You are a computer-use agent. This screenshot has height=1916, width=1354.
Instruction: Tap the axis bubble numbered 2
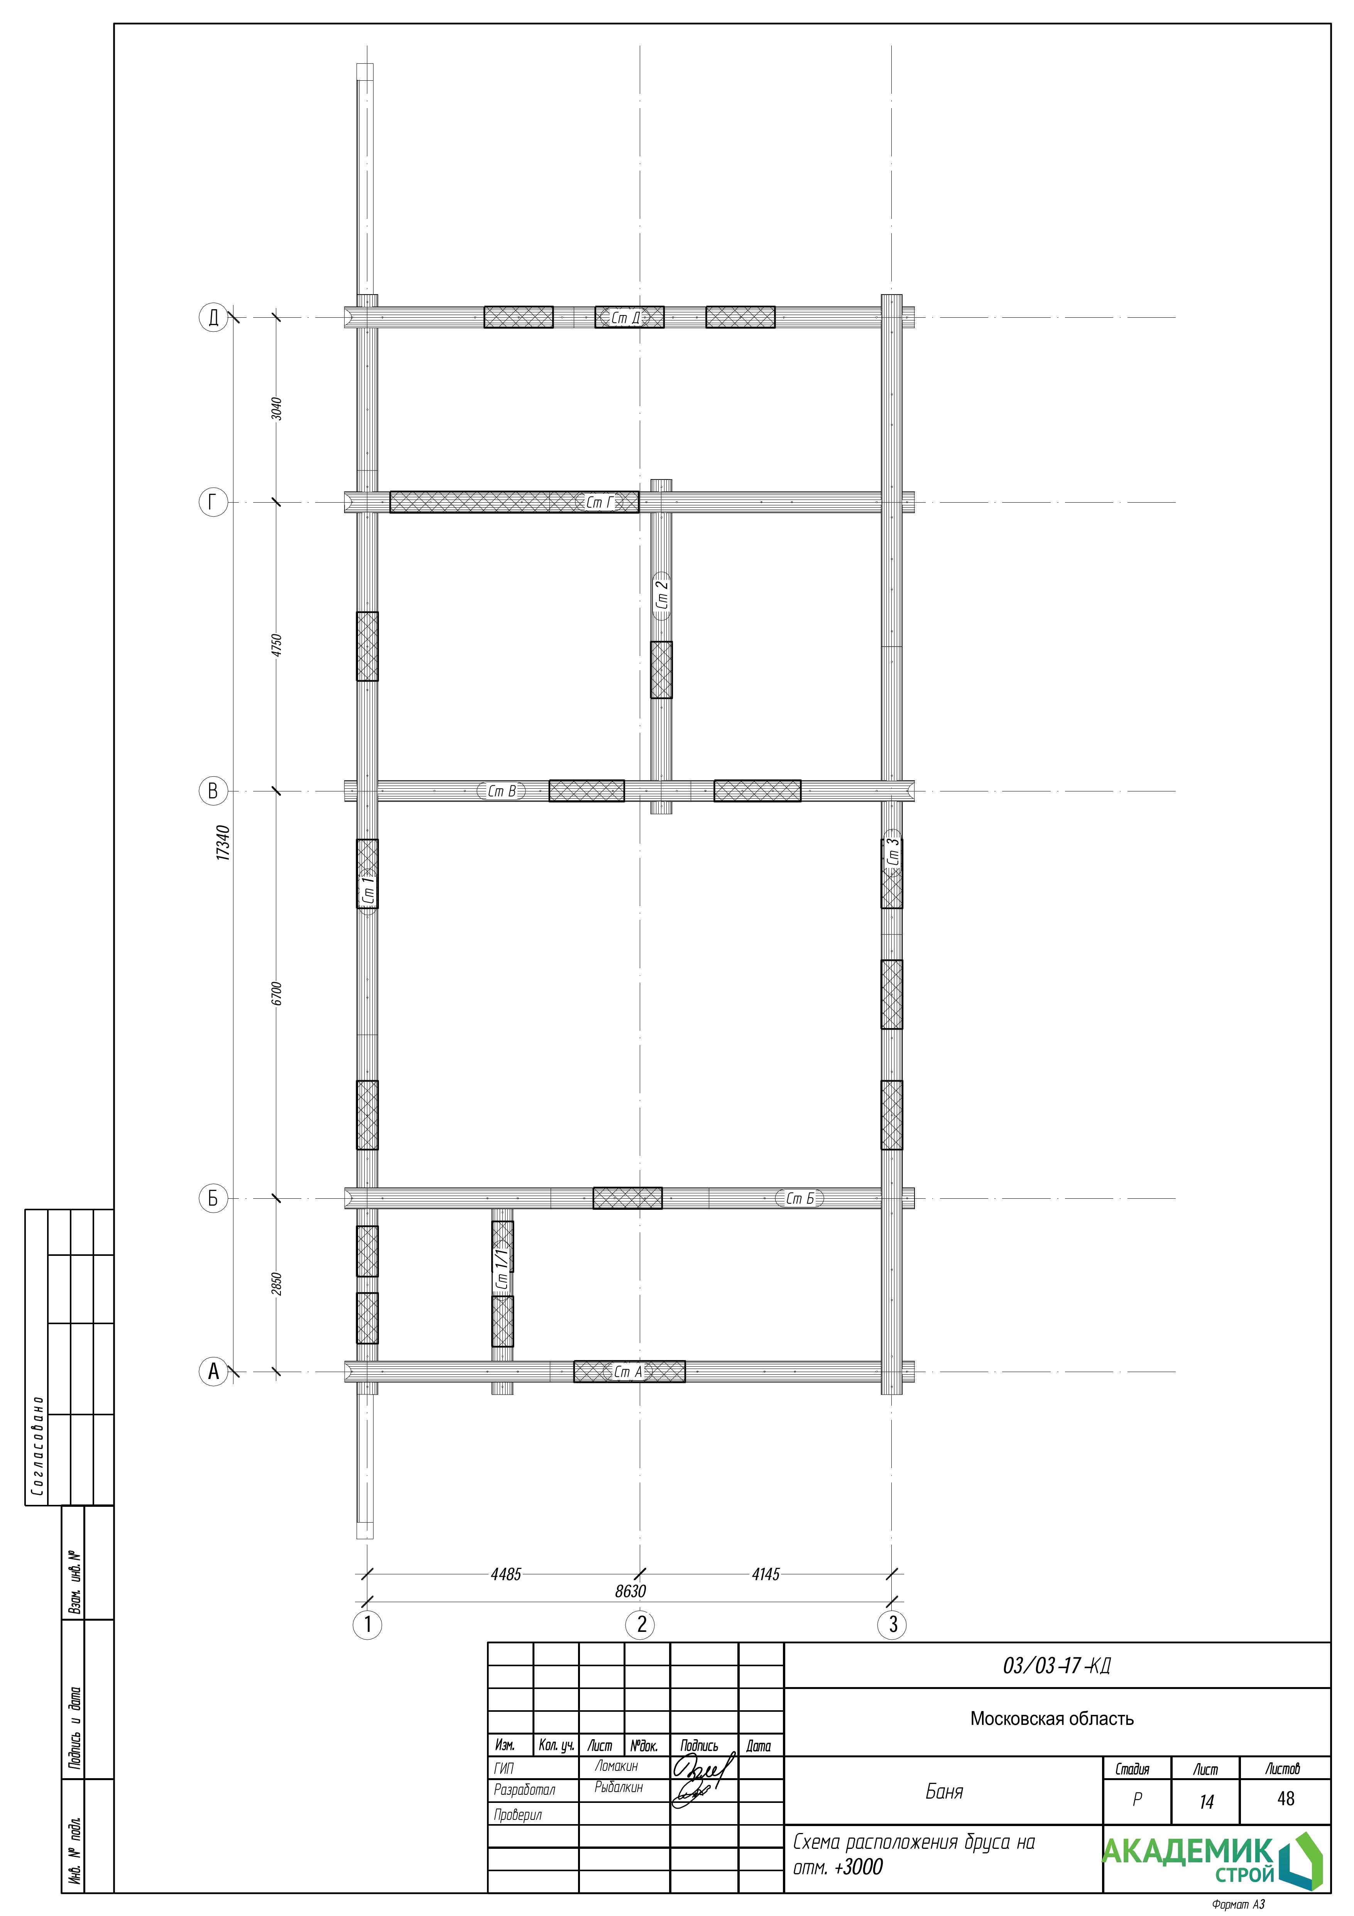coord(641,1625)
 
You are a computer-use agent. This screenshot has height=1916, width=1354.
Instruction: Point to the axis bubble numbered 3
coord(893,1625)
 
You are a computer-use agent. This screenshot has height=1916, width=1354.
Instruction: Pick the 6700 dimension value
coord(277,993)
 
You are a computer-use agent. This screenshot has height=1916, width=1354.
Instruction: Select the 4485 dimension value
coord(505,1574)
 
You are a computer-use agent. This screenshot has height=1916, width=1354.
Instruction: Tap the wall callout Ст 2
coord(662,595)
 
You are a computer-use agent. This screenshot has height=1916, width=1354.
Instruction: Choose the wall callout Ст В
coord(501,791)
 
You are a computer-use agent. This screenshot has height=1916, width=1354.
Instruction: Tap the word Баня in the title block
coord(944,1791)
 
